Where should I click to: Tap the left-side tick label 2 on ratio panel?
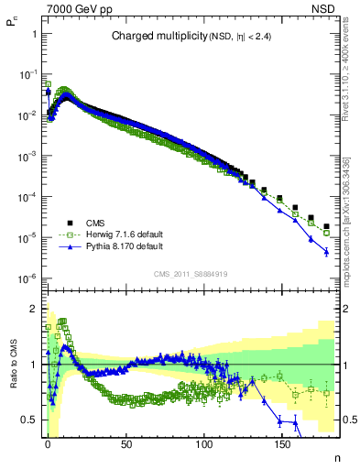tap(33, 309)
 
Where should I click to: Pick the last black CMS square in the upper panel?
tap(326, 213)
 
